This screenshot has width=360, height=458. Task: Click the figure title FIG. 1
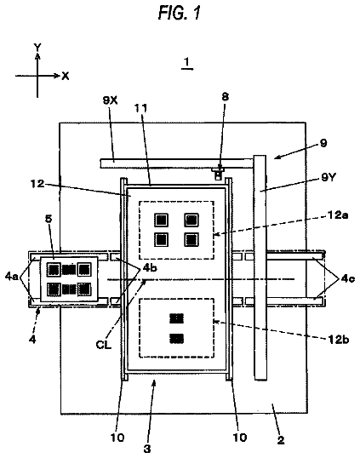[180, 13]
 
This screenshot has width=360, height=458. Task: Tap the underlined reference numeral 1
[187, 62]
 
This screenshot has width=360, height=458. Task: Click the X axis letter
[66, 77]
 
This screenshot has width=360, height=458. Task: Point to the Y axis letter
[37, 47]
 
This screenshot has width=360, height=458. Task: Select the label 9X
[110, 100]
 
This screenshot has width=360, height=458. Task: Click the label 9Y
[329, 177]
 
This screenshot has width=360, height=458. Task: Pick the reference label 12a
[338, 215]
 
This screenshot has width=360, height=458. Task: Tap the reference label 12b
[339, 340]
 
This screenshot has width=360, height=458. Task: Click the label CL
[104, 345]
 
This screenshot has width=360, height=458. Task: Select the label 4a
[11, 276]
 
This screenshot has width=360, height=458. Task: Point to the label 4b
[150, 267]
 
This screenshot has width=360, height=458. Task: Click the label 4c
[348, 278]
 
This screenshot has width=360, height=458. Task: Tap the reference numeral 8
[226, 97]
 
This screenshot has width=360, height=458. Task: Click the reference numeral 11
[140, 108]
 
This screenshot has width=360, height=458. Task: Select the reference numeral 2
[281, 440]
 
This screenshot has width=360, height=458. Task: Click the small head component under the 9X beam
[218, 173]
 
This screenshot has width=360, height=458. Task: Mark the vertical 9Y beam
[260, 267]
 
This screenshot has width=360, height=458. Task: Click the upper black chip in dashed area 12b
[177, 318]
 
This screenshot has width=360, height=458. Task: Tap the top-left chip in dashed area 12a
[161, 220]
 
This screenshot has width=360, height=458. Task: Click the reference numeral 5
[49, 219]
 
